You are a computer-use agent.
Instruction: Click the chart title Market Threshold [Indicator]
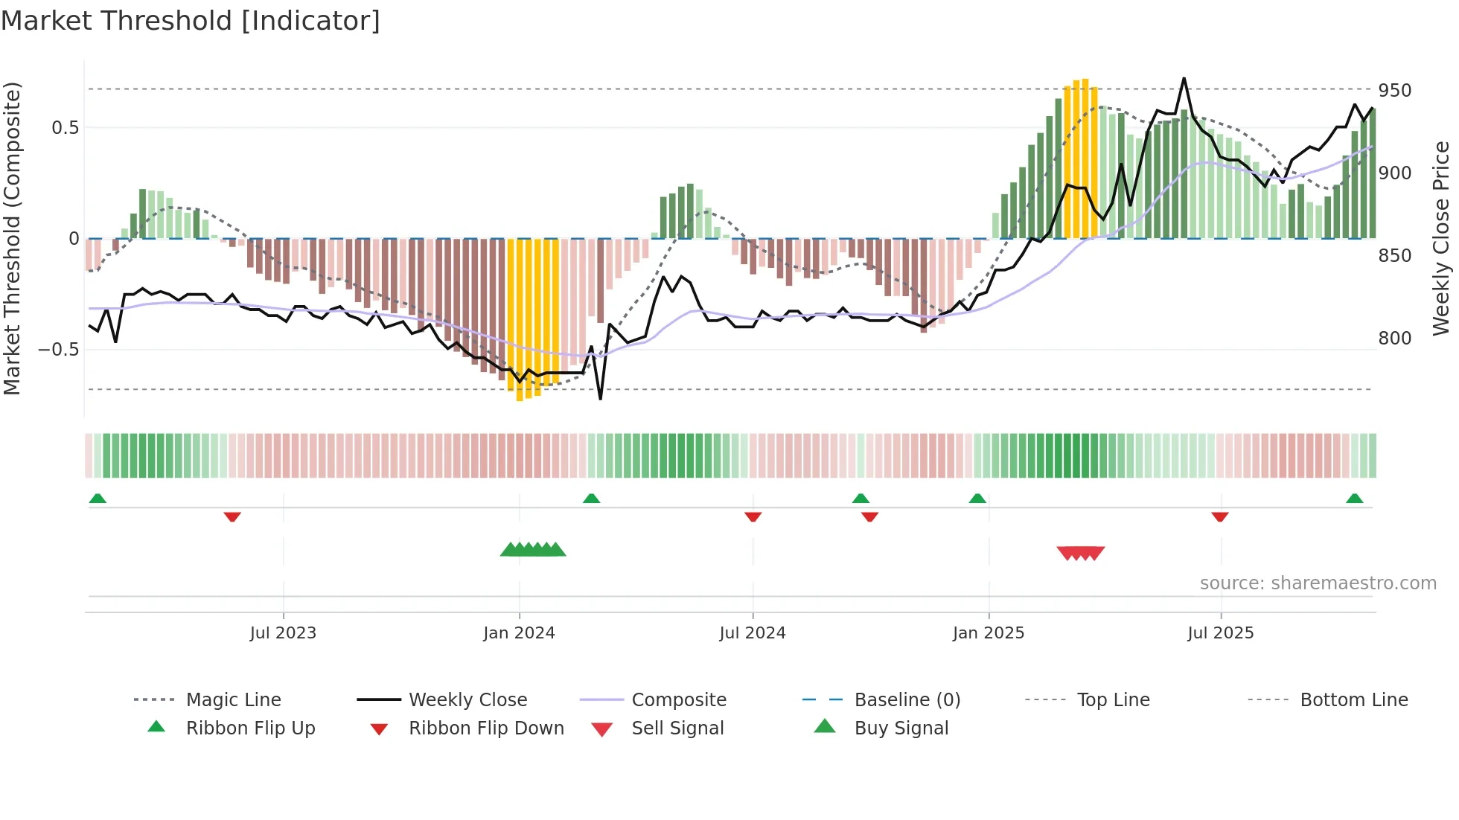tap(191, 21)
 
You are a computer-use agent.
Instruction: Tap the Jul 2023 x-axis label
tap(283, 633)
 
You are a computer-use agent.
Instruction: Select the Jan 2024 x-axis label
tap(519, 633)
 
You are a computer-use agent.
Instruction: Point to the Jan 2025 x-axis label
tap(989, 633)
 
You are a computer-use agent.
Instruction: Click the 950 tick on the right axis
tap(1394, 91)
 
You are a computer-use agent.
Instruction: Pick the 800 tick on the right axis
tap(1394, 339)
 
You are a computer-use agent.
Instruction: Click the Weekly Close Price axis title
tap(1441, 238)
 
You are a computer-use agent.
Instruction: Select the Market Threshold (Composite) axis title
tap(12, 238)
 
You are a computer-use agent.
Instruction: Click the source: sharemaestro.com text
tap(1318, 583)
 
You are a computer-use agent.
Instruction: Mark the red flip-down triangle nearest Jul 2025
tap(1219, 516)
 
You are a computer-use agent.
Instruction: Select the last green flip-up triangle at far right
tap(1354, 499)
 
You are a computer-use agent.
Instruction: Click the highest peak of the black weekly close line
tap(1184, 78)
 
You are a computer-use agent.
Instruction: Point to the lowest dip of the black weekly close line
tap(600, 399)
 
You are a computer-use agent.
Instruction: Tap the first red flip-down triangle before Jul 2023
tap(232, 516)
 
